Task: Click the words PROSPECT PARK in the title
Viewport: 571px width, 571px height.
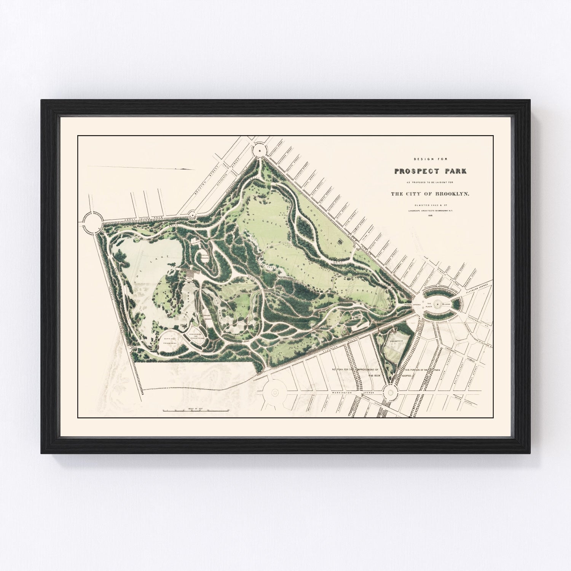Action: (x=431, y=171)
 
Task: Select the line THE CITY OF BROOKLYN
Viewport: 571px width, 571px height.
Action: (x=431, y=194)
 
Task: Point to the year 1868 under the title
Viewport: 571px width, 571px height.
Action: (x=431, y=215)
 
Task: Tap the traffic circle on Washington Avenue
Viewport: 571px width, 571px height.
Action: (x=389, y=391)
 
